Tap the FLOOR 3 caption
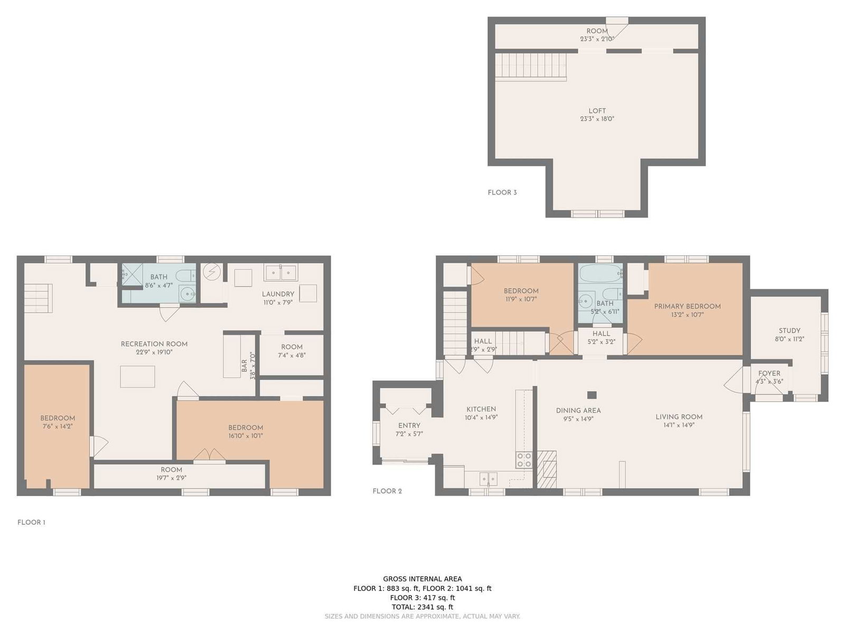pos(502,192)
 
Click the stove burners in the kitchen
pos(524,460)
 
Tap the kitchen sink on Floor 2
pos(488,479)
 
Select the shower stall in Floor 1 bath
pos(133,274)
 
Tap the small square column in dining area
pos(591,395)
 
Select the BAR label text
pos(244,366)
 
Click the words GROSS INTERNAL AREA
pos(422,579)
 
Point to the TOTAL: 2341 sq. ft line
pos(422,607)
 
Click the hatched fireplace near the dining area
pos(547,469)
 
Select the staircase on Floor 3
pos(530,66)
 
